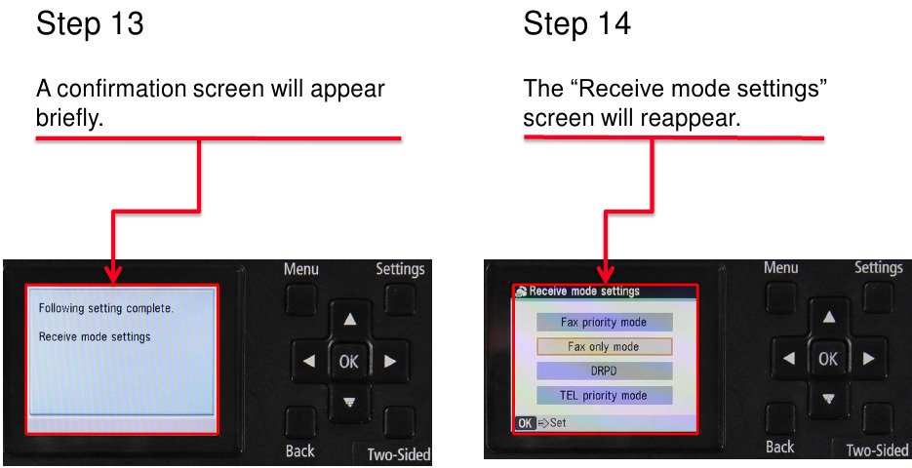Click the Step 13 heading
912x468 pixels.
[90, 25]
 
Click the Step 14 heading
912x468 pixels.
[576, 25]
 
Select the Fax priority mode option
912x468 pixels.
[603, 322]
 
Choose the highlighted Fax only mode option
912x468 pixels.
[603, 346]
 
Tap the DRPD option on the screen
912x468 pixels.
[603, 370]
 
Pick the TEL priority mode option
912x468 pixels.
[603, 395]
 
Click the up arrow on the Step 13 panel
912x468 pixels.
[349, 319]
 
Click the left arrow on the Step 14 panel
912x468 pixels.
[787, 359]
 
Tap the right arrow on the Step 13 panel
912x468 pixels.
[390, 361]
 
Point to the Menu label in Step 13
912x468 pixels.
[301, 269]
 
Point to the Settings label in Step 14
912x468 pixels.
[878, 267]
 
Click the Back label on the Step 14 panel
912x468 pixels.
[779, 447]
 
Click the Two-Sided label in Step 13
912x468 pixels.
[398, 454]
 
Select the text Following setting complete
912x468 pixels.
[105, 308]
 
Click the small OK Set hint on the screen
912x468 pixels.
[541, 423]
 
